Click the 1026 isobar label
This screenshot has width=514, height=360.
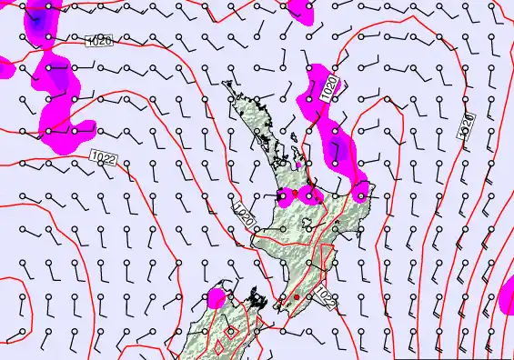98,41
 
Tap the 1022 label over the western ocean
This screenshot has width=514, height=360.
103,157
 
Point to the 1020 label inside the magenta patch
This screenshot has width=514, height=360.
329,88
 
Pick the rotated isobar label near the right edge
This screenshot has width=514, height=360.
465,125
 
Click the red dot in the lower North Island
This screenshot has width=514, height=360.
296,297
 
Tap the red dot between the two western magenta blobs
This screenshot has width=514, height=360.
295,194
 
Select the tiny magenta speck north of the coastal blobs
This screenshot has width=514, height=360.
297,166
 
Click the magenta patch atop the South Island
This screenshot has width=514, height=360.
217,296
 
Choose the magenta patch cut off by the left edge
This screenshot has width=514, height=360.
4,68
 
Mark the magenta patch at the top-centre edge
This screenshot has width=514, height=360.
301,7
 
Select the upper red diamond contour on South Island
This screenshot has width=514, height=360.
230,332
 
